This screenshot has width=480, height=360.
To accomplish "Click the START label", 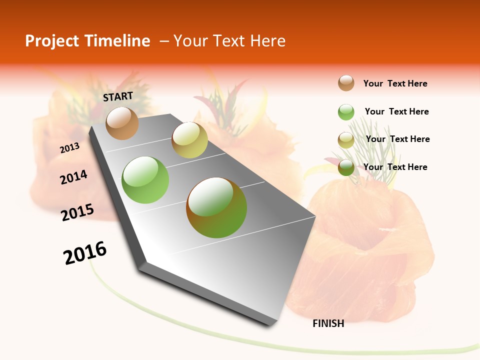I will [118, 96].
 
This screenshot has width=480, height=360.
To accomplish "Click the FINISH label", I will [328, 323].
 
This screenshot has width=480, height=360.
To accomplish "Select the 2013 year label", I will [69, 147].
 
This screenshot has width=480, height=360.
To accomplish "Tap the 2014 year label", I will [73, 177].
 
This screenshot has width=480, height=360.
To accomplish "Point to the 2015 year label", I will [77, 212].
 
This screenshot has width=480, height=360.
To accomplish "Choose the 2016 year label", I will [85, 252].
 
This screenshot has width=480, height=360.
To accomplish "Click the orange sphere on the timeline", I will [122, 123].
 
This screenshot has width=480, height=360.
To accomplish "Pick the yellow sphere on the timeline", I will [189, 140].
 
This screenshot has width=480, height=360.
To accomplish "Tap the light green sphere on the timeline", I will [145, 180].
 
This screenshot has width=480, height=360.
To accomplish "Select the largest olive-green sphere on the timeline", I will [216, 207].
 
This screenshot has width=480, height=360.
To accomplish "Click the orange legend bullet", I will [346, 83].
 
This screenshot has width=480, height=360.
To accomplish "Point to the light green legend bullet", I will [346, 112].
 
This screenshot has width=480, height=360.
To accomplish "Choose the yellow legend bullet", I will [346, 140].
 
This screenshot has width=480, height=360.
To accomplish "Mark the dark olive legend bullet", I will [346, 167].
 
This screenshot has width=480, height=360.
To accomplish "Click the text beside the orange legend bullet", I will [395, 83].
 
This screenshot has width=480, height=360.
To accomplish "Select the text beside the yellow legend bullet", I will [397, 139].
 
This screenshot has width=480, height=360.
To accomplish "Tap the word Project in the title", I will [52, 41].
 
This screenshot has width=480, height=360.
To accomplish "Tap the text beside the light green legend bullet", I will [396, 111].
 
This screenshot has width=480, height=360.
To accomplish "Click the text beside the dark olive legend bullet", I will [395, 167].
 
